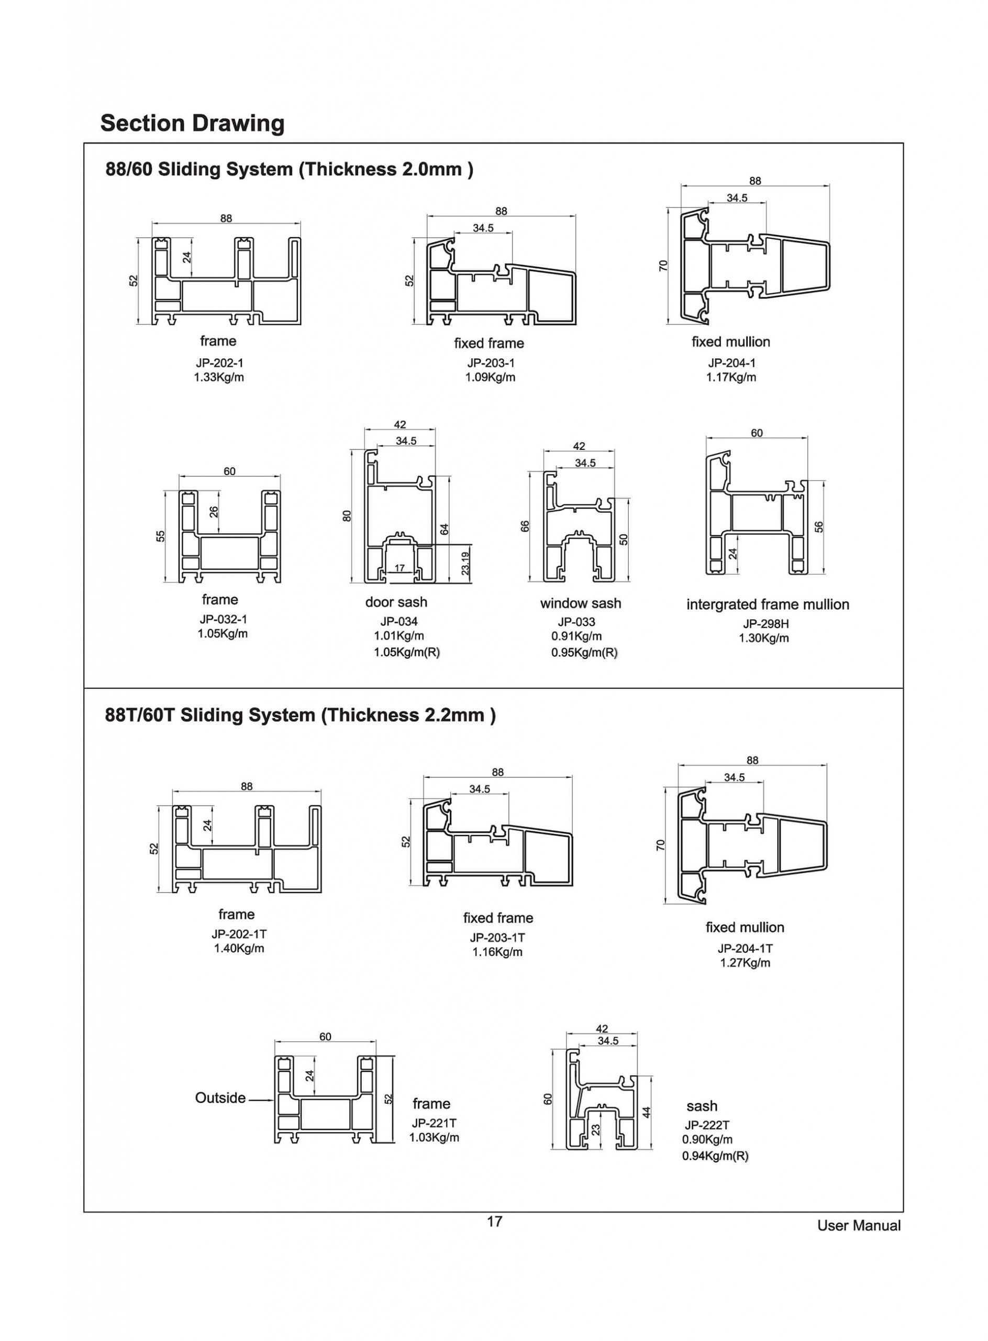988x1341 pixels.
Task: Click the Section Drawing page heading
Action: (x=192, y=123)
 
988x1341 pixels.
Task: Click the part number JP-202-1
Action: (x=219, y=362)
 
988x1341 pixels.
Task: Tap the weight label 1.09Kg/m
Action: (x=490, y=378)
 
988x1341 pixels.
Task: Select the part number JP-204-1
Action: (x=731, y=362)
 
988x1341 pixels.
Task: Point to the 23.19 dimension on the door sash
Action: (x=465, y=563)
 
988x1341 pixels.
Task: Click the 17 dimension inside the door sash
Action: (x=399, y=568)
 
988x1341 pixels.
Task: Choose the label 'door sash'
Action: (x=396, y=602)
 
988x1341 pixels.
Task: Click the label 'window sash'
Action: (x=580, y=603)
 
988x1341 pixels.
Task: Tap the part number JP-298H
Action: (x=765, y=623)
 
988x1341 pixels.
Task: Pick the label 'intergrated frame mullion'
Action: (x=768, y=604)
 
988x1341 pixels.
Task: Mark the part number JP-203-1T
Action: (x=497, y=938)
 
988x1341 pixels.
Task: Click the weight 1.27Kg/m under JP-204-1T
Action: (x=745, y=963)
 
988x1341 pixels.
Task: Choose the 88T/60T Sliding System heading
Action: (x=300, y=715)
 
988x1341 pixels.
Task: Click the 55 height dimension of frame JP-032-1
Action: (x=160, y=536)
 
